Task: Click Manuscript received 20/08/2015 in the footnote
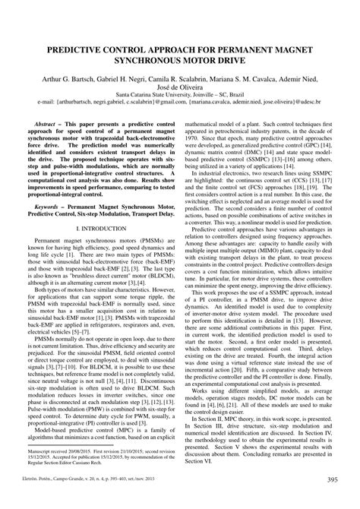click(x=68, y=449)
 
